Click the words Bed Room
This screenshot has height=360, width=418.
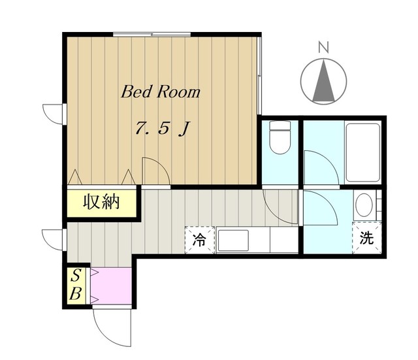[161, 92]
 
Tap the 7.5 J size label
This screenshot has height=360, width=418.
[163, 128]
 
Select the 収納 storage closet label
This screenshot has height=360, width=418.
[101, 202]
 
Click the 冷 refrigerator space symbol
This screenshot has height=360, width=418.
[200, 240]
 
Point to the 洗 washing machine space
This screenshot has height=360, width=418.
[367, 238]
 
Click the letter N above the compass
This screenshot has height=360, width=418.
[324, 48]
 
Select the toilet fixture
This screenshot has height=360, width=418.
[280, 137]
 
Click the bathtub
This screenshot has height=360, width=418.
[362, 152]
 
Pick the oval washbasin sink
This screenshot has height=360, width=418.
[364, 205]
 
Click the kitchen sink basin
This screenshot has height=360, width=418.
[233, 240]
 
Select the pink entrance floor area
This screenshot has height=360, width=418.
[111, 286]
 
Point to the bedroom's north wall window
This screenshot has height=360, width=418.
[152, 34]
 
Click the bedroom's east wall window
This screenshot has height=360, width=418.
[259, 76]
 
